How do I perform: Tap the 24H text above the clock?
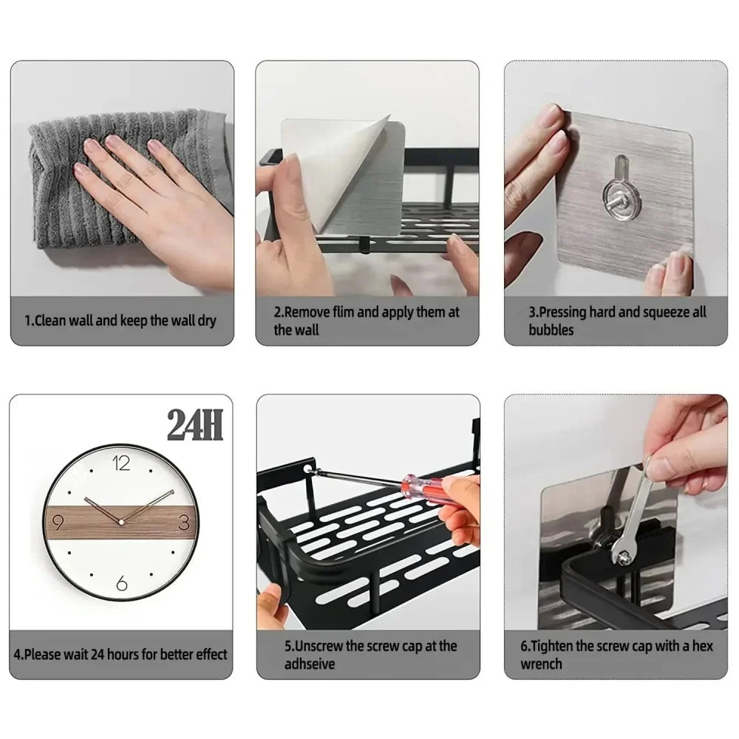(x=195, y=426)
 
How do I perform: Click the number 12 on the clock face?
(x=122, y=463)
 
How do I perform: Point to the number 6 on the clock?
(x=122, y=584)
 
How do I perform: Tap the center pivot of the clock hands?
(x=121, y=522)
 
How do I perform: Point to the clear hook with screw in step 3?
(x=615, y=194)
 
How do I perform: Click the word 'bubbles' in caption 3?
(x=551, y=330)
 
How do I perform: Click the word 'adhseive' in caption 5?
(x=310, y=664)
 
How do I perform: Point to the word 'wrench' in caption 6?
(x=541, y=664)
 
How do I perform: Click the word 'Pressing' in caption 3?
(x=566, y=313)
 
